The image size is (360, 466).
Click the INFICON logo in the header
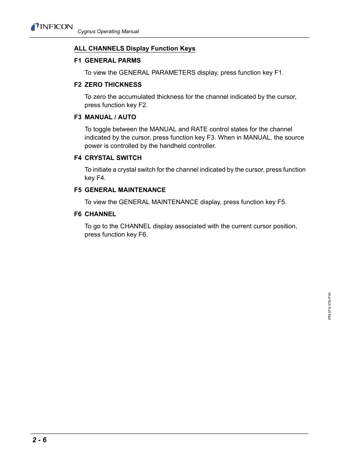(x=52, y=27)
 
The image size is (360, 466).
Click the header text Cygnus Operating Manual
(x=108, y=32)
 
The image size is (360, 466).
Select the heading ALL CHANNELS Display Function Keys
(x=134, y=48)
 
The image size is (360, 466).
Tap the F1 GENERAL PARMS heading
(x=107, y=60)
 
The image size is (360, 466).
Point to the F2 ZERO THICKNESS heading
(x=108, y=85)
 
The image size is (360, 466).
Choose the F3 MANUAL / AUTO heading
(x=105, y=117)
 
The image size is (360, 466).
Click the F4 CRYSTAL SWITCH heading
(x=108, y=158)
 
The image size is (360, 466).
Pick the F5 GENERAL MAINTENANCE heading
(x=120, y=190)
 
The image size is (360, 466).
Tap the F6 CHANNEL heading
(x=95, y=214)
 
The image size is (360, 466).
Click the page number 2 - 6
(x=40, y=440)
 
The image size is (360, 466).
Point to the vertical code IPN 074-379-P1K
(x=329, y=306)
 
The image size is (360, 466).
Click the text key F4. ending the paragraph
(x=95, y=178)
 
